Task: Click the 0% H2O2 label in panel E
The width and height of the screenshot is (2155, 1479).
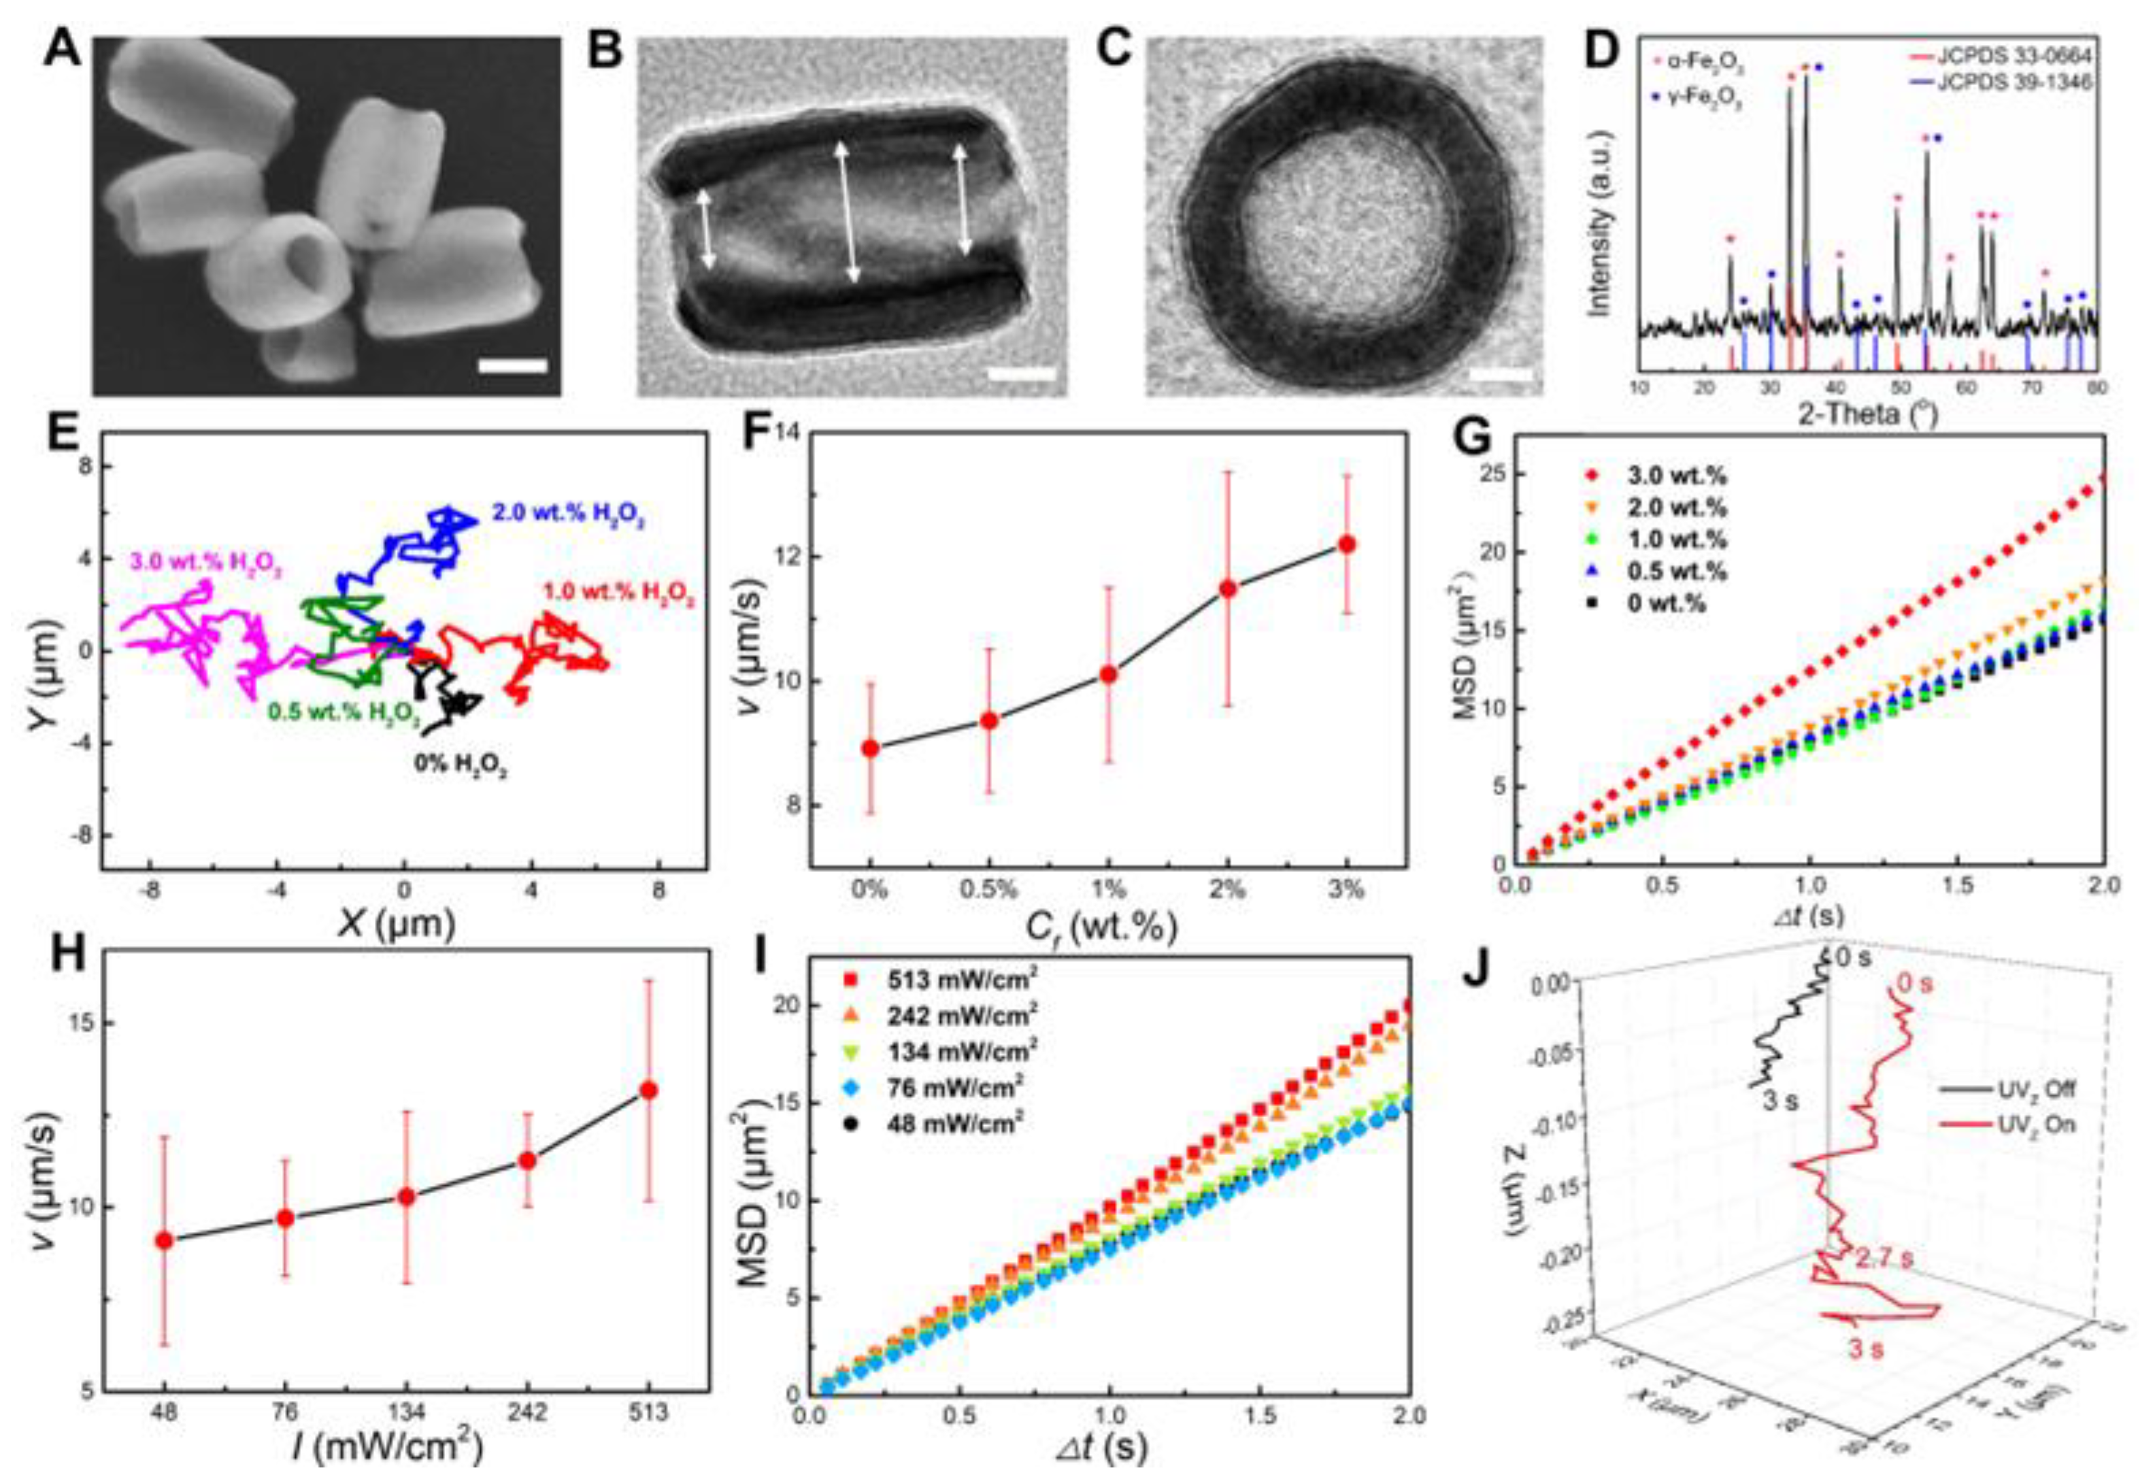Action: click(460, 768)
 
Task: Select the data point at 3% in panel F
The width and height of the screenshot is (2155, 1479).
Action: click(1346, 544)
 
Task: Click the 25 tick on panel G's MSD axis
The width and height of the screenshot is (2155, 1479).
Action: click(1486, 473)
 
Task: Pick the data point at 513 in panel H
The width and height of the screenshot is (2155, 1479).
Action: click(649, 1091)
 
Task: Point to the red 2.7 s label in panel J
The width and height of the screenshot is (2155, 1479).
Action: click(1882, 1259)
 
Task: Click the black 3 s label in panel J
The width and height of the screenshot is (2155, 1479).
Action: click(1777, 1101)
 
